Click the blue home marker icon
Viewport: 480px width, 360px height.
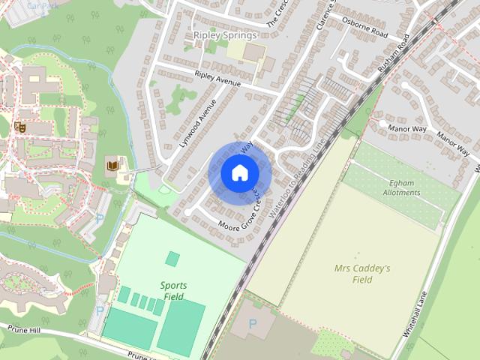[239, 172]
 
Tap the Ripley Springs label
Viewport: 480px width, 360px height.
[225, 34]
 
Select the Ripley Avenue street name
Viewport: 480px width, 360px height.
[217, 79]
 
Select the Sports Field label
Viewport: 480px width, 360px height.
[173, 290]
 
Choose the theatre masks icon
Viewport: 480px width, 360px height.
[20, 127]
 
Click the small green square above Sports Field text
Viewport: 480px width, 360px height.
[173, 259]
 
